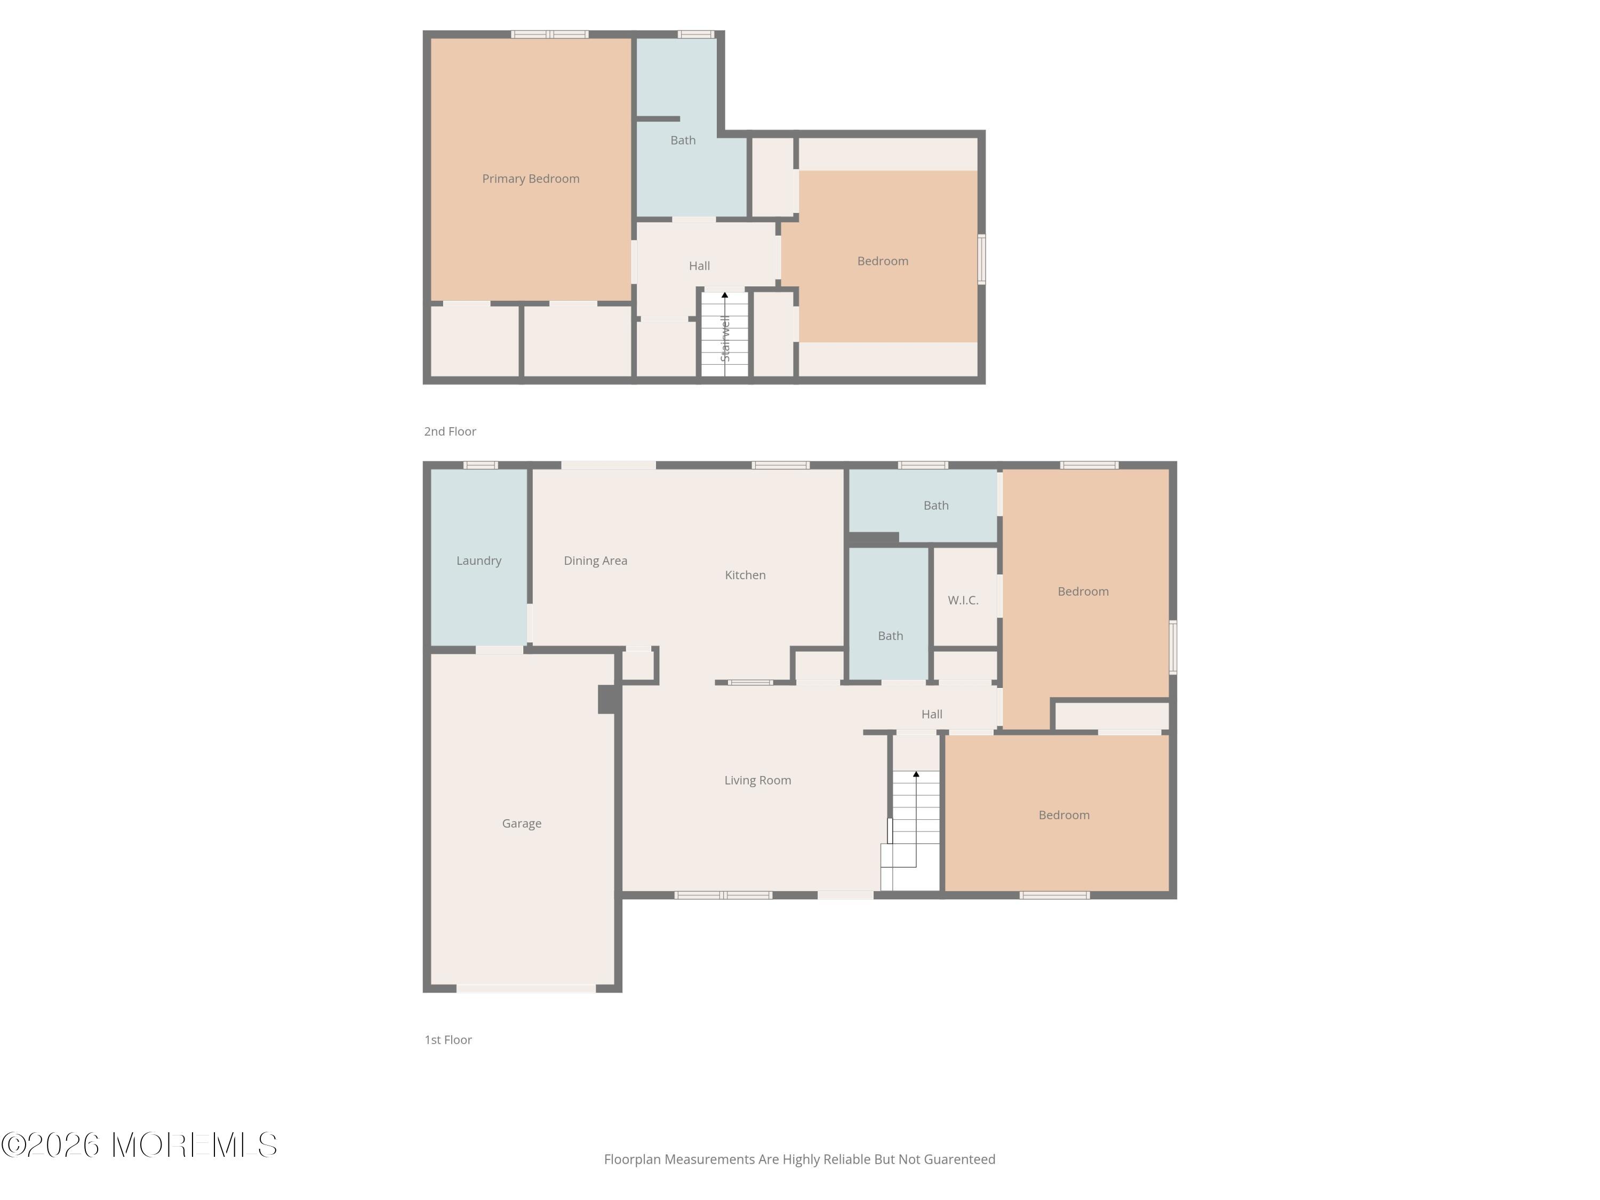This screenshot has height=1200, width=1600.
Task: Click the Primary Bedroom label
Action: click(530, 179)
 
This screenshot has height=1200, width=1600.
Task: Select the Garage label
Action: click(522, 823)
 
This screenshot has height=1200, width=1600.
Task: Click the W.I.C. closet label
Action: click(963, 601)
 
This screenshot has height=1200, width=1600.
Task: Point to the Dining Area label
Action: click(595, 561)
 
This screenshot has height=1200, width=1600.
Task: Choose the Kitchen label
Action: click(745, 575)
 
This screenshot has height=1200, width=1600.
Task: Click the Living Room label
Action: click(757, 780)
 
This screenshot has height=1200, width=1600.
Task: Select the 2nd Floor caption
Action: click(450, 431)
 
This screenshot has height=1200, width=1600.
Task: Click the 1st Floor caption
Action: click(448, 1039)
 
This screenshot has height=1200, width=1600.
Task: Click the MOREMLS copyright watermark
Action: click(139, 1145)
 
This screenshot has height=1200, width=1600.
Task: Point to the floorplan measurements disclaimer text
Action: click(799, 1159)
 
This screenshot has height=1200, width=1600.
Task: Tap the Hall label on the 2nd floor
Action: click(699, 266)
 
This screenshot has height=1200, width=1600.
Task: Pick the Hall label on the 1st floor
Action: click(932, 715)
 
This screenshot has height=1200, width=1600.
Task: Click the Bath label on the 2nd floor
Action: click(683, 140)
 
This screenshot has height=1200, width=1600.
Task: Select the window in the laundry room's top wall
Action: click(481, 465)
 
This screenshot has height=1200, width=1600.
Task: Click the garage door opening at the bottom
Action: click(526, 988)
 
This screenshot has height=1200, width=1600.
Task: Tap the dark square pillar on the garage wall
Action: click(609, 699)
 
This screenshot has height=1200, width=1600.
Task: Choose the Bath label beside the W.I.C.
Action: click(891, 636)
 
